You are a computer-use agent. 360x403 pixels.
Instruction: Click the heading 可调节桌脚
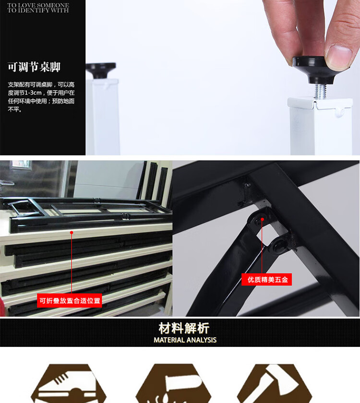click(34, 67)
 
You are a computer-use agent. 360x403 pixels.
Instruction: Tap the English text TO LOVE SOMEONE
click(38, 5)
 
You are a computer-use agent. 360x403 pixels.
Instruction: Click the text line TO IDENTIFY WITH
click(38, 10)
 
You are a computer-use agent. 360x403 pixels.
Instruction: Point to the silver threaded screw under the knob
click(320, 91)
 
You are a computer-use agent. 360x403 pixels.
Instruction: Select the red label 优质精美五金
click(267, 279)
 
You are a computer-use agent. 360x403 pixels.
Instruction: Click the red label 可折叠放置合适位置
click(70, 300)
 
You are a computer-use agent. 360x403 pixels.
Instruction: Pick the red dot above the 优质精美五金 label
click(262, 220)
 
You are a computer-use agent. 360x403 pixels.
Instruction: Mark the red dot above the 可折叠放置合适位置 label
click(72, 233)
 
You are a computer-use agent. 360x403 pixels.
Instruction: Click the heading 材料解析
click(184, 328)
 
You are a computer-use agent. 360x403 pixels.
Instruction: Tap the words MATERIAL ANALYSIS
click(185, 340)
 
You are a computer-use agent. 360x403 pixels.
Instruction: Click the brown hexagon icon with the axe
click(275, 383)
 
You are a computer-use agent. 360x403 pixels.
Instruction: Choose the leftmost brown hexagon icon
click(68, 383)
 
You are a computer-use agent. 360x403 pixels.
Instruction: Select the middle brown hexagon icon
click(173, 383)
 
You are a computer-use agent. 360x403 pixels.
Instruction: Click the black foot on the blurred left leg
click(101, 70)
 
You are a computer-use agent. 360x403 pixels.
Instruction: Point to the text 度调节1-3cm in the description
click(24, 93)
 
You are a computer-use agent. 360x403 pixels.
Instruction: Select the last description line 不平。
click(15, 109)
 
